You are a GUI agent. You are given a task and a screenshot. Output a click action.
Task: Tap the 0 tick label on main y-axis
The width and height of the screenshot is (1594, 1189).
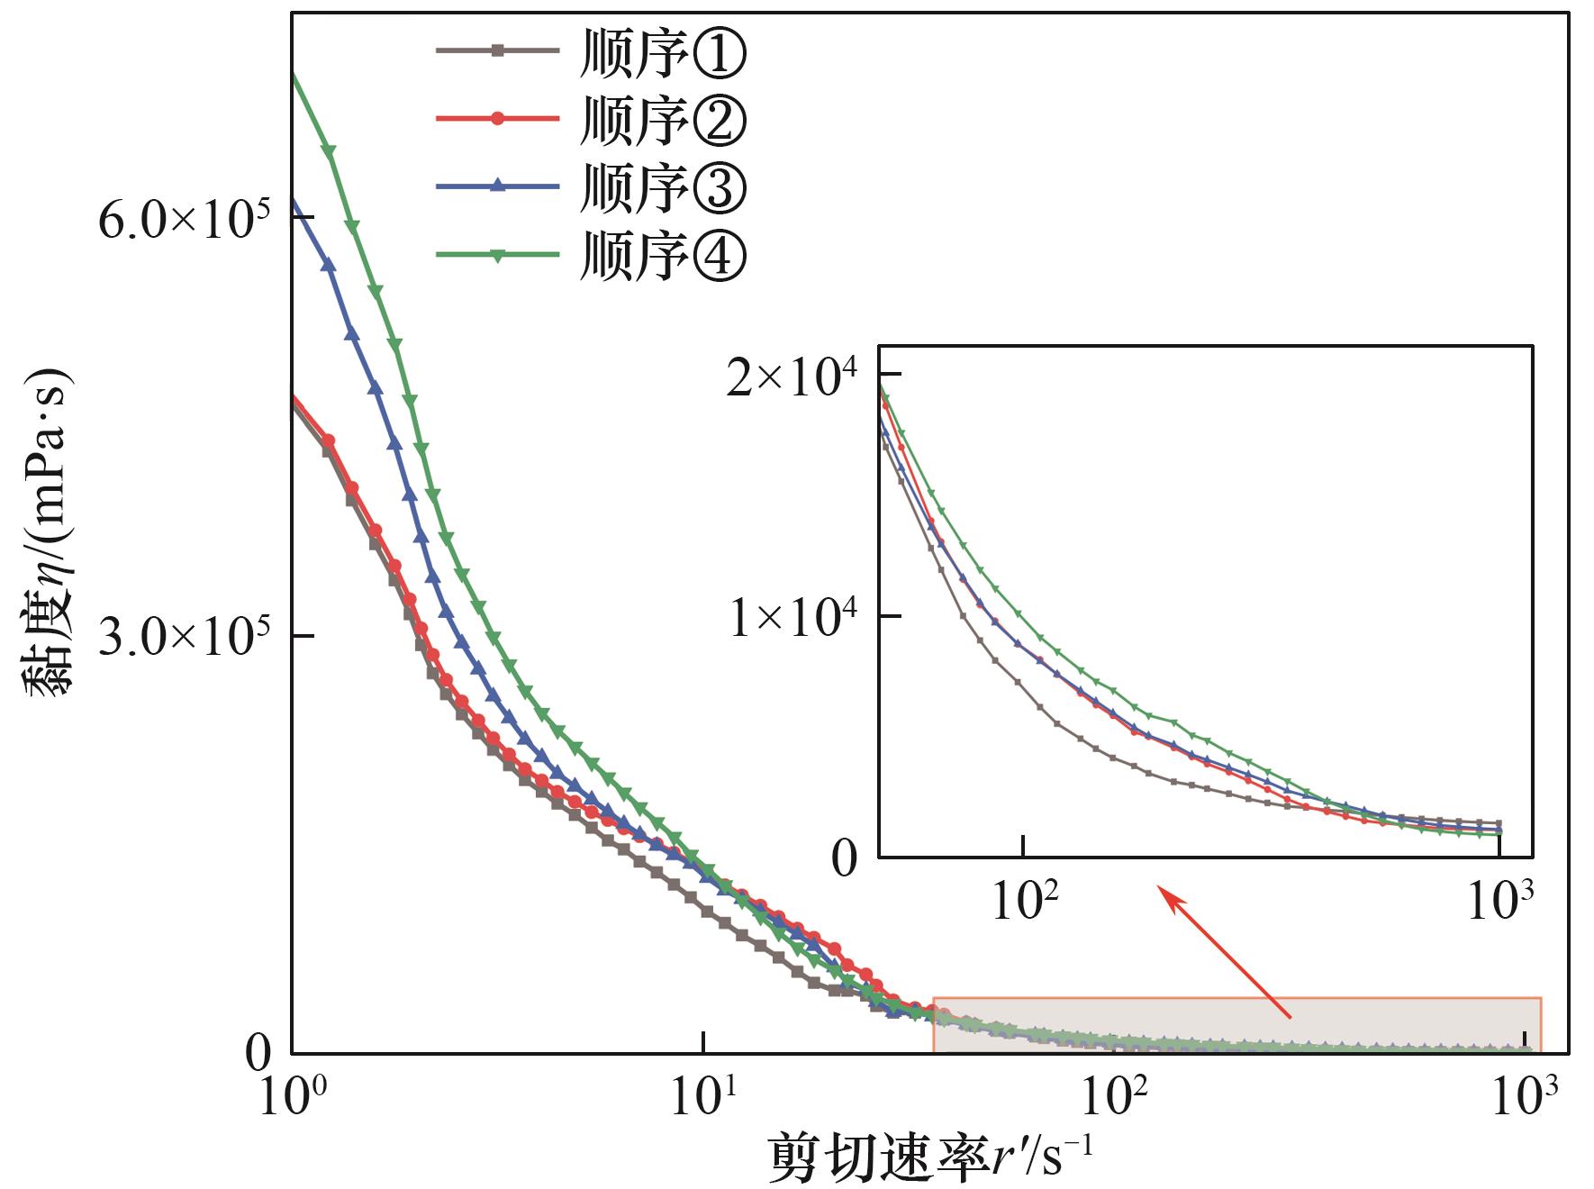point(258,1052)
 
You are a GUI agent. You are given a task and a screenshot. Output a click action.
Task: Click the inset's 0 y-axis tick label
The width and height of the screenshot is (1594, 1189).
point(845,859)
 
